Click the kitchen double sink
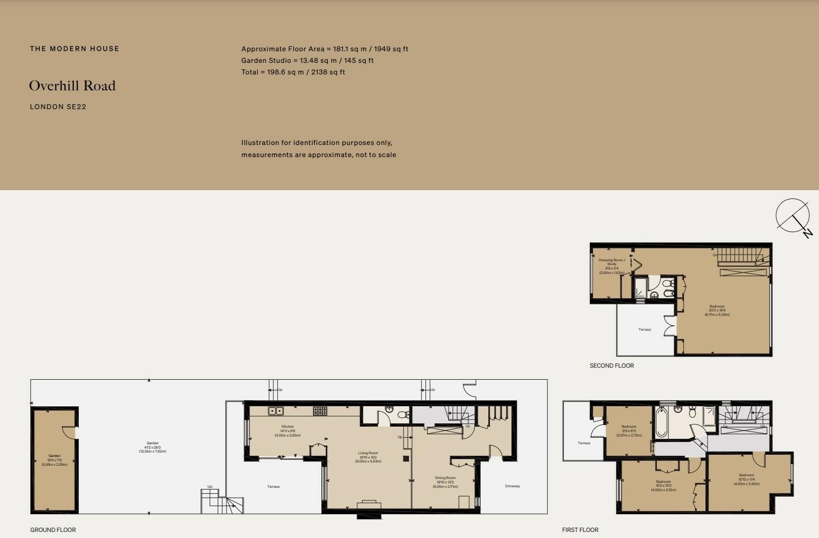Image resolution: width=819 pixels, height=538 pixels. [x=276, y=411]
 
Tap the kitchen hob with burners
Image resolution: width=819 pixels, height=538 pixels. [x=320, y=411]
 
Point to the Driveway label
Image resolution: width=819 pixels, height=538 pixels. [x=512, y=486]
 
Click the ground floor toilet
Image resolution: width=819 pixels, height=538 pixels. [x=403, y=415]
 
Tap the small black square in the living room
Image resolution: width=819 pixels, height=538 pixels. [x=406, y=459]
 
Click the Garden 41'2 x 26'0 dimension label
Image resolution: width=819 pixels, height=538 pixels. [x=153, y=447]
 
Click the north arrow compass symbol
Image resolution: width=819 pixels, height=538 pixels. [x=793, y=216]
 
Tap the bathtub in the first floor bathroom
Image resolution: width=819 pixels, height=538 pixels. [x=661, y=423]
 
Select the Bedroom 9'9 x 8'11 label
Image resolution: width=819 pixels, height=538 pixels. [x=629, y=431]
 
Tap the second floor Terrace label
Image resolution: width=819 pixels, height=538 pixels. [x=644, y=330]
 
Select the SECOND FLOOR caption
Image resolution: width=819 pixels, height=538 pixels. [x=612, y=365]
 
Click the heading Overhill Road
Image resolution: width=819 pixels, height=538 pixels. [x=72, y=86]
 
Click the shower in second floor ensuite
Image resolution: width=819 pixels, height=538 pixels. [x=640, y=288]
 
